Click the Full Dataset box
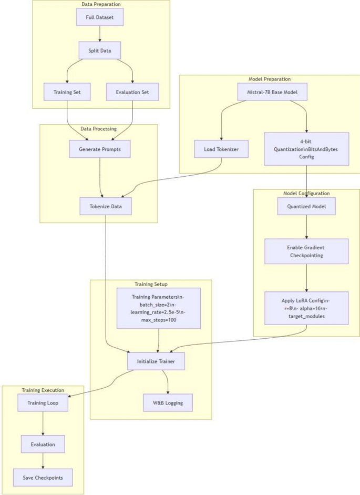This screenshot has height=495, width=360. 99,18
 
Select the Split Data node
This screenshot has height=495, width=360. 99,52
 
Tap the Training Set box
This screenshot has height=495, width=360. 67,92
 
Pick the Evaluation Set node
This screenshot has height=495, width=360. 131,92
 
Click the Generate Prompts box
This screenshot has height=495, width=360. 99,149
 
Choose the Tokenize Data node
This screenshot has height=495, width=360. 106,206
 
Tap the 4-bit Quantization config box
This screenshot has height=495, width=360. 306,149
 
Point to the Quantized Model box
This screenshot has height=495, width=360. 306,206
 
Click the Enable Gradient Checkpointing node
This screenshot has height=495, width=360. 306,251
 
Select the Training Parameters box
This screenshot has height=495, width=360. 159,308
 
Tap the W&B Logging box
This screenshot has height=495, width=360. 168,402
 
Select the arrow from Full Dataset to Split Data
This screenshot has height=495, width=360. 99,35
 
